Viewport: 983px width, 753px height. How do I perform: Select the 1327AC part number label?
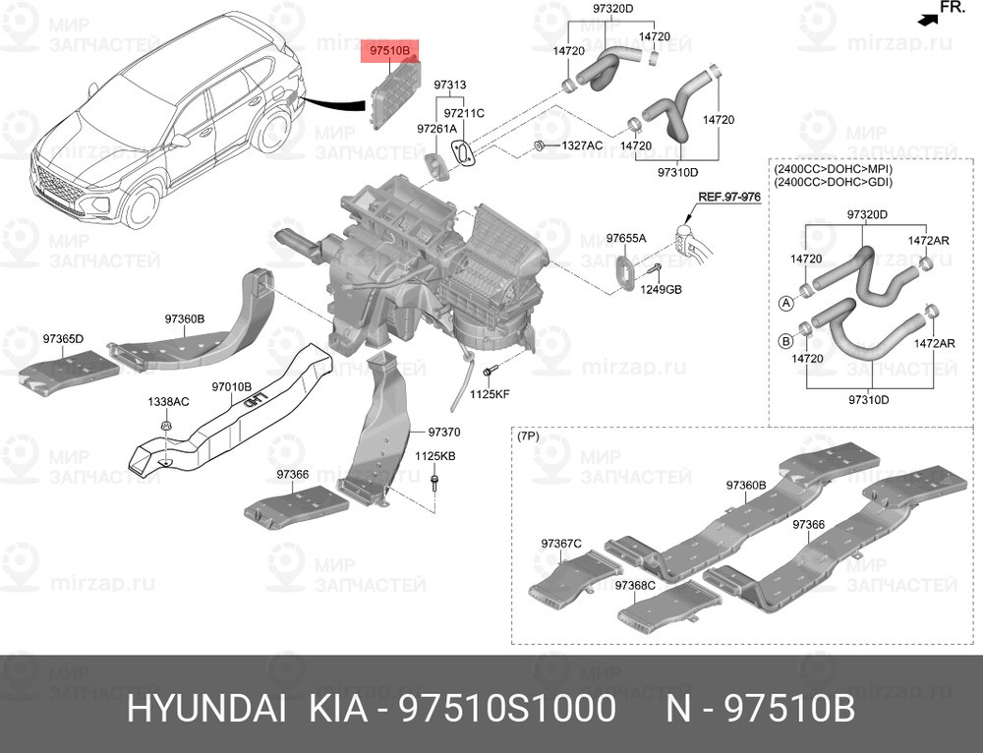tap(581, 145)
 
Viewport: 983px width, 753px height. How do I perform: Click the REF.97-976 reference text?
tap(729, 197)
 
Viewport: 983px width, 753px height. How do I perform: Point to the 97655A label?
tap(625, 238)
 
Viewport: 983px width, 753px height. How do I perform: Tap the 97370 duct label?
tap(443, 432)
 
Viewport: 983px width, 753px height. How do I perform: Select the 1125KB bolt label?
tap(434, 456)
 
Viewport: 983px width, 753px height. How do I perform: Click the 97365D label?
tap(63, 339)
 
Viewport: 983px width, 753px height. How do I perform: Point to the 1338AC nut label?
tap(168, 402)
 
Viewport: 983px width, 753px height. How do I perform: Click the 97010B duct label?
tap(233, 387)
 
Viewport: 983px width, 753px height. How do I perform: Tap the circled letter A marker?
tap(785, 303)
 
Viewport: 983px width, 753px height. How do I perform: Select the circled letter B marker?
tap(785, 341)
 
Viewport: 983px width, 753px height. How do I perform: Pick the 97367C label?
tap(561, 543)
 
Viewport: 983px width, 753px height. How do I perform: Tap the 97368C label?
tap(635, 586)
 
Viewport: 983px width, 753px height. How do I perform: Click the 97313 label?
tap(450, 86)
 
